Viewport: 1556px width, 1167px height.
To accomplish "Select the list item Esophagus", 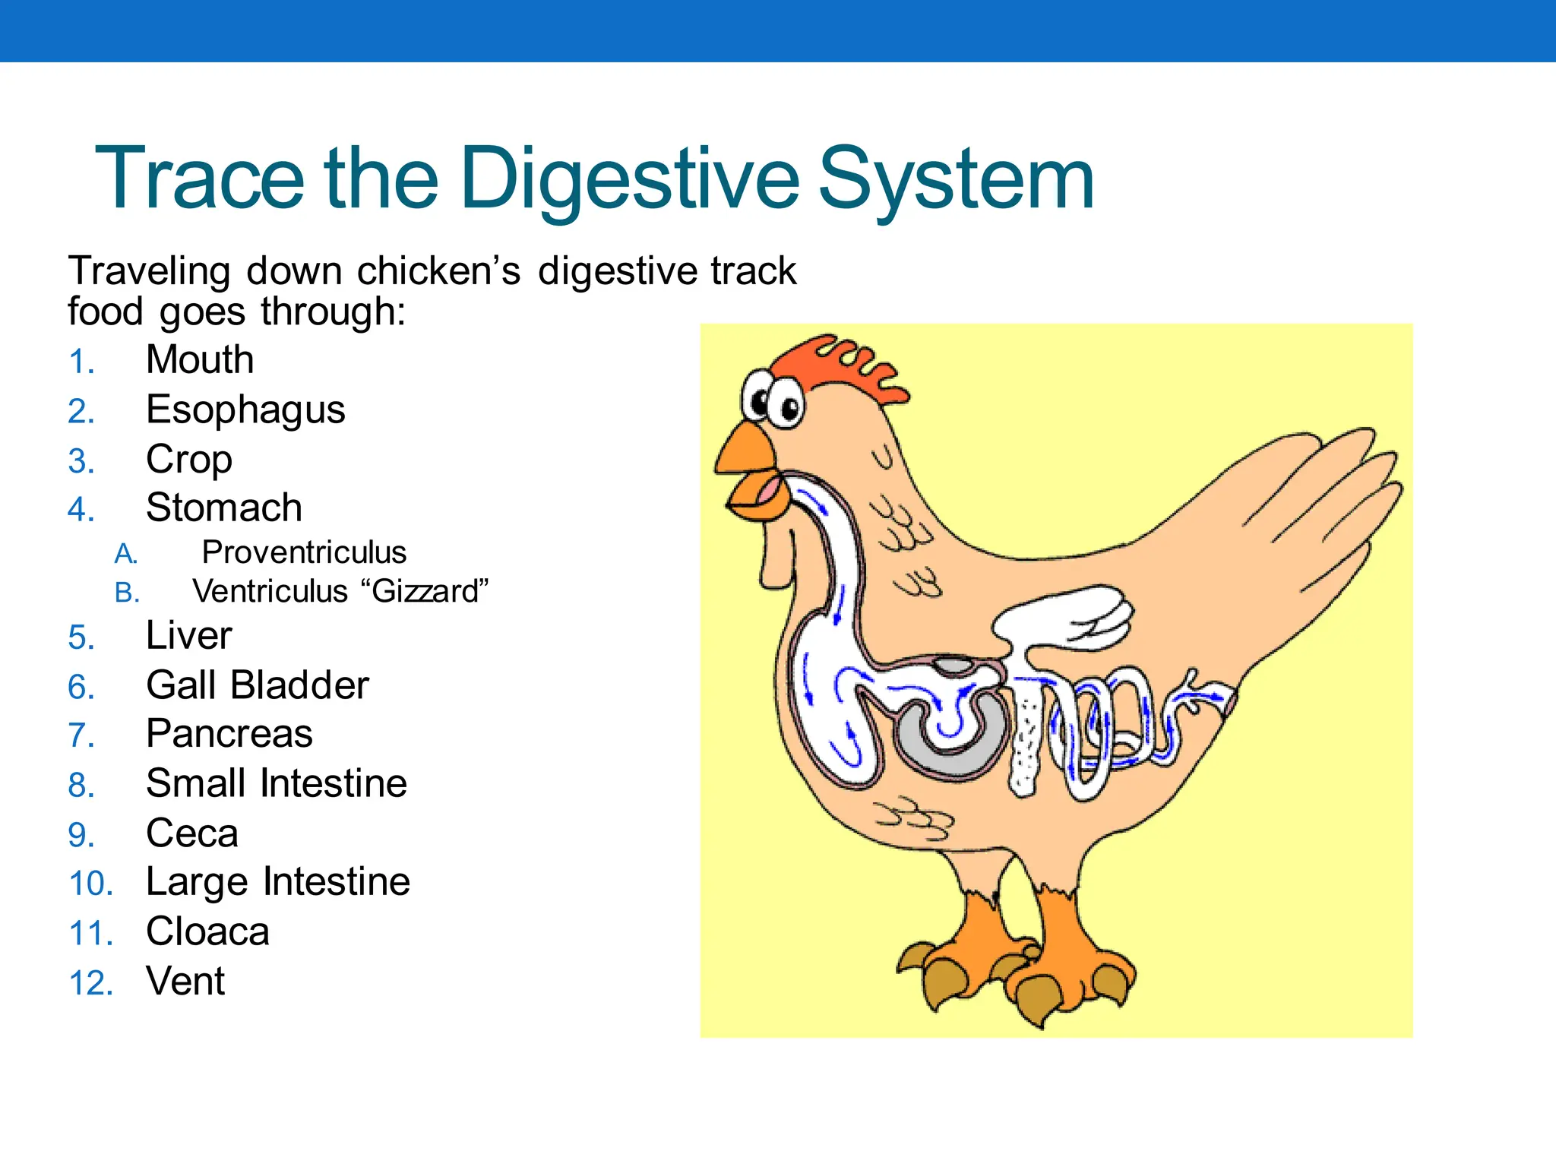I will [x=245, y=410].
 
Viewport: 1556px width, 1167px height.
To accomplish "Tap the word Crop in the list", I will [x=188, y=460].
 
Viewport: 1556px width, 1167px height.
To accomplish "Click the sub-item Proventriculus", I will [x=304, y=552].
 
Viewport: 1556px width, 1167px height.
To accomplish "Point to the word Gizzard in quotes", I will [x=425, y=591].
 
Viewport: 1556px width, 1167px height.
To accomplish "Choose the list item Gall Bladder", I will [x=257, y=685].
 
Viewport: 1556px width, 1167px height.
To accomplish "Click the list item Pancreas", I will [x=229, y=734].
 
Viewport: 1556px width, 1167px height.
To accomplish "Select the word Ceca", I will [x=191, y=833].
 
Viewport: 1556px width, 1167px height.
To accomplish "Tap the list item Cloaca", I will [x=207, y=931].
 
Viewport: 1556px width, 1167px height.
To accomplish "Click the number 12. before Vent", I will [x=90, y=982].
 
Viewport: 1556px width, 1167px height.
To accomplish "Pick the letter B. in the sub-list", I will [x=127, y=593].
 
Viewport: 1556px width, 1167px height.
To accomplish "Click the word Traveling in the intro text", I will [x=149, y=271].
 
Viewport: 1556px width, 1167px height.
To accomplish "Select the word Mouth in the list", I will [x=199, y=360].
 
